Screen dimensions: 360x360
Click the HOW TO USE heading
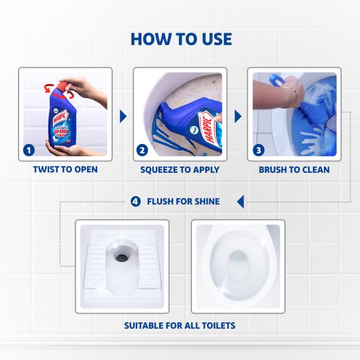[x=180, y=39]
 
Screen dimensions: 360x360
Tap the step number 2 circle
[x=142, y=150]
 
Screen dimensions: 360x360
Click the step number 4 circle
[x=136, y=202]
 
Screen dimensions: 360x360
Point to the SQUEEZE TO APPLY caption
[x=179, y=170]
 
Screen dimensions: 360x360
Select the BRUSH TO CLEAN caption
[x=294, y=170]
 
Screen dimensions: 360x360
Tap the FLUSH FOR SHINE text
[x=183, y=202]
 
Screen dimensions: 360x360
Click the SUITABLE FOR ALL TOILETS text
[x=179, y=326]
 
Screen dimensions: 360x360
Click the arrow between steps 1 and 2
[x=124, y=116]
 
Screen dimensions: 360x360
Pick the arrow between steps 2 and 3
[x=238, y=116]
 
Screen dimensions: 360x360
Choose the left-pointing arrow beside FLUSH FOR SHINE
[x=240, y=201]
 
